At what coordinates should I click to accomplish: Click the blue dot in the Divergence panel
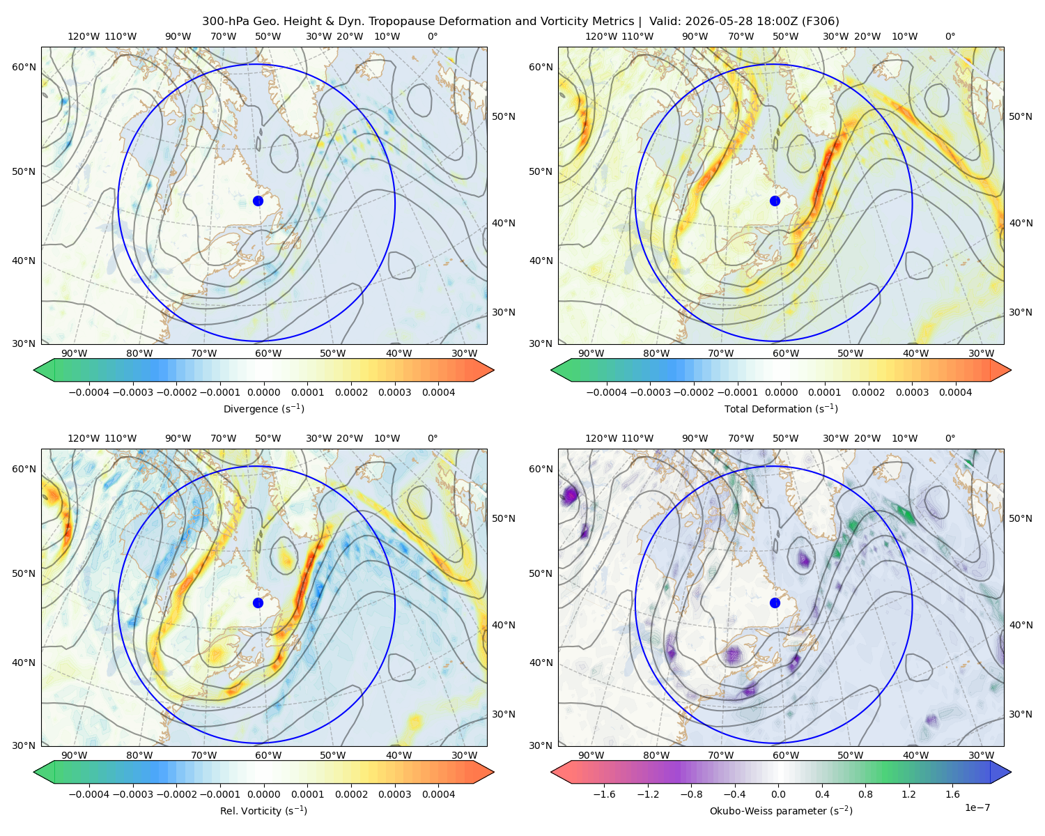tap(258, 201)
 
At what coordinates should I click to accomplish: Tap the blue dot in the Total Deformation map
tap(775, 201)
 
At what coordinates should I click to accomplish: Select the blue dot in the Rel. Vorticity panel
tap(258, 603)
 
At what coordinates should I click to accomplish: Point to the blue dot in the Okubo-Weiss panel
tap(775, 603)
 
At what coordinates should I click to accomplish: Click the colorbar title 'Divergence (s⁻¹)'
tap(263, 408)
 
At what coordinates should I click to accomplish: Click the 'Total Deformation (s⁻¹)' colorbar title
tap(781, 408)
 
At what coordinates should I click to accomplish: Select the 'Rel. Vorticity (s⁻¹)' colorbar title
tap(263, 811)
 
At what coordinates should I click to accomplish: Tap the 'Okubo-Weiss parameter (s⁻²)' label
tap(781, 811)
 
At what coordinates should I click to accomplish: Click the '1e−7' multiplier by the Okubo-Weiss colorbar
tap(977, 808)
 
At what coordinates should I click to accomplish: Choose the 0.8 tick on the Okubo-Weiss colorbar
tap(865, 794)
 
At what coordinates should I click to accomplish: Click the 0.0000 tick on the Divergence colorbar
tap(263, 392)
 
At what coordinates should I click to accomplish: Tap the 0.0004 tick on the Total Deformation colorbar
tap(956, 392)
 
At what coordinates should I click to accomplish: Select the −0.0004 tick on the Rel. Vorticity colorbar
tap(89, 794)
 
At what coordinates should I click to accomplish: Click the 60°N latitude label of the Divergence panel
tap(24, 67)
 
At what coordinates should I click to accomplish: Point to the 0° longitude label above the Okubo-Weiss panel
tap(950, 438)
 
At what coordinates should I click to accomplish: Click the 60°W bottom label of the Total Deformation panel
tap(785, 353)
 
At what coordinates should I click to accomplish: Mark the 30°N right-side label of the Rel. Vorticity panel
tap(504, 714)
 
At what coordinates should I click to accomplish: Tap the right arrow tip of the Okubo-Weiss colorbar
tap(1011, 772)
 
